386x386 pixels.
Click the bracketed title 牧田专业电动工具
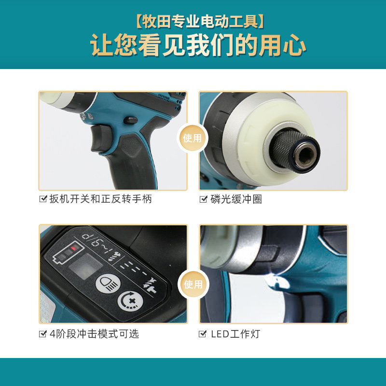pyautogui.click(x=200, y=22)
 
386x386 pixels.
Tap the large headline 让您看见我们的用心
pyautogui.click(x=198, y=45)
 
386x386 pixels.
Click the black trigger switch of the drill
pyautogui.click(x=101, y=138)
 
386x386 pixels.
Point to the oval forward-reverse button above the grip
pyautogui.click(x=130, y=120)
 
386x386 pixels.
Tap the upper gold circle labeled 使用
pyautogui.click(x=193, y=138)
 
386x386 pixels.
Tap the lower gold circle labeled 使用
pyautogui.click(x=193, y=284)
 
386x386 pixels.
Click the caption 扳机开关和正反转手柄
pyautogui.click(x=100, y=199)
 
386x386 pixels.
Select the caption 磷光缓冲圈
pyautogui.click(x=236, y=199)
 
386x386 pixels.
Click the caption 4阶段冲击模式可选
pyautogui.click(x=95, y=334)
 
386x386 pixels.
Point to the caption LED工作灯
pyautogui.click(x=235, y=334)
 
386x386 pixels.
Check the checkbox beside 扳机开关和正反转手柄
pyautogui.click(x=43, y=199)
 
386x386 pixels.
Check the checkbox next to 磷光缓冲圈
pyautogui.click(x=203, y=199)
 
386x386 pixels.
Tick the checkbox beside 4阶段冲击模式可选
pyautogui.click(x=43, y=334)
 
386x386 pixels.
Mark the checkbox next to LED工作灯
pyautogui.click(x=203, y=334)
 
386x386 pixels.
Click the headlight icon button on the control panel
pyautogui.click(x=108, y=283)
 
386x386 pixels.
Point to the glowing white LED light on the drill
pyautogui.click(x=278, y=281)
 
